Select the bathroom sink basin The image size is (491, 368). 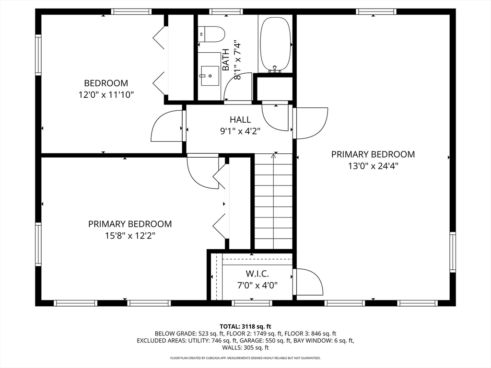[x=210, y=75]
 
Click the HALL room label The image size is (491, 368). [x=240, y=119]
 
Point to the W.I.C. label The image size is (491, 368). [x=257, y=274]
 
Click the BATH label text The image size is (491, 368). [x=226, y=59]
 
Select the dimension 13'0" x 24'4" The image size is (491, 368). [x=373, y=166]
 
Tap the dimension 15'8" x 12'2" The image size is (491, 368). [x=130, y=235]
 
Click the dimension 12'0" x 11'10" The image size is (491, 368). [x=106, y=94]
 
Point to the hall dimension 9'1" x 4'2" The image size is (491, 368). [x=240, y=131]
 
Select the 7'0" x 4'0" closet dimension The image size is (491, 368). [x=257, y=286]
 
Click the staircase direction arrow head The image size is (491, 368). [x=274, y=155]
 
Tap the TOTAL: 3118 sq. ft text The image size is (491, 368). [x=245, y=327]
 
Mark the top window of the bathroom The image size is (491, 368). [x=226, y=12]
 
